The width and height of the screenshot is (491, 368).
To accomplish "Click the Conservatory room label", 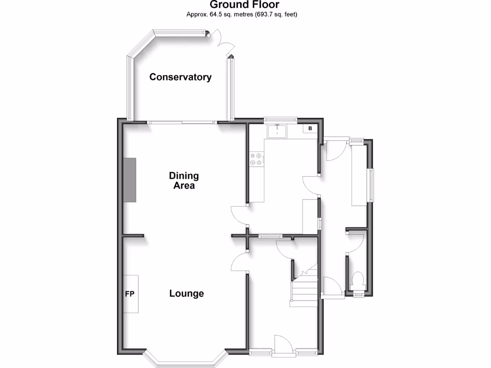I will pos(180,77).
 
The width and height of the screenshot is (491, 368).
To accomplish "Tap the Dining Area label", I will pos(184,181).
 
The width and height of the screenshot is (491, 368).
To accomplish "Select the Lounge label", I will pos(187,294).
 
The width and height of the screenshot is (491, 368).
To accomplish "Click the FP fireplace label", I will pos(129,294).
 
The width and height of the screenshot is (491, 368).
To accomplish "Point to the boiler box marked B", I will pos(310,128).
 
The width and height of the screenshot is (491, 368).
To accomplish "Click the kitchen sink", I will pos(277,130).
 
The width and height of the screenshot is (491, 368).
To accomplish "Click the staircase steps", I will pos(304,290).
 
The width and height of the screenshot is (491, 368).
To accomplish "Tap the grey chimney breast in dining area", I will pos(129,180).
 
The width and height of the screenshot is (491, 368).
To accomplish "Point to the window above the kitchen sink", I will pos(280,118).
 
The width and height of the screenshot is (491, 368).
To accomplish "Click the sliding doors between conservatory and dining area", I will pos(182,123).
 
